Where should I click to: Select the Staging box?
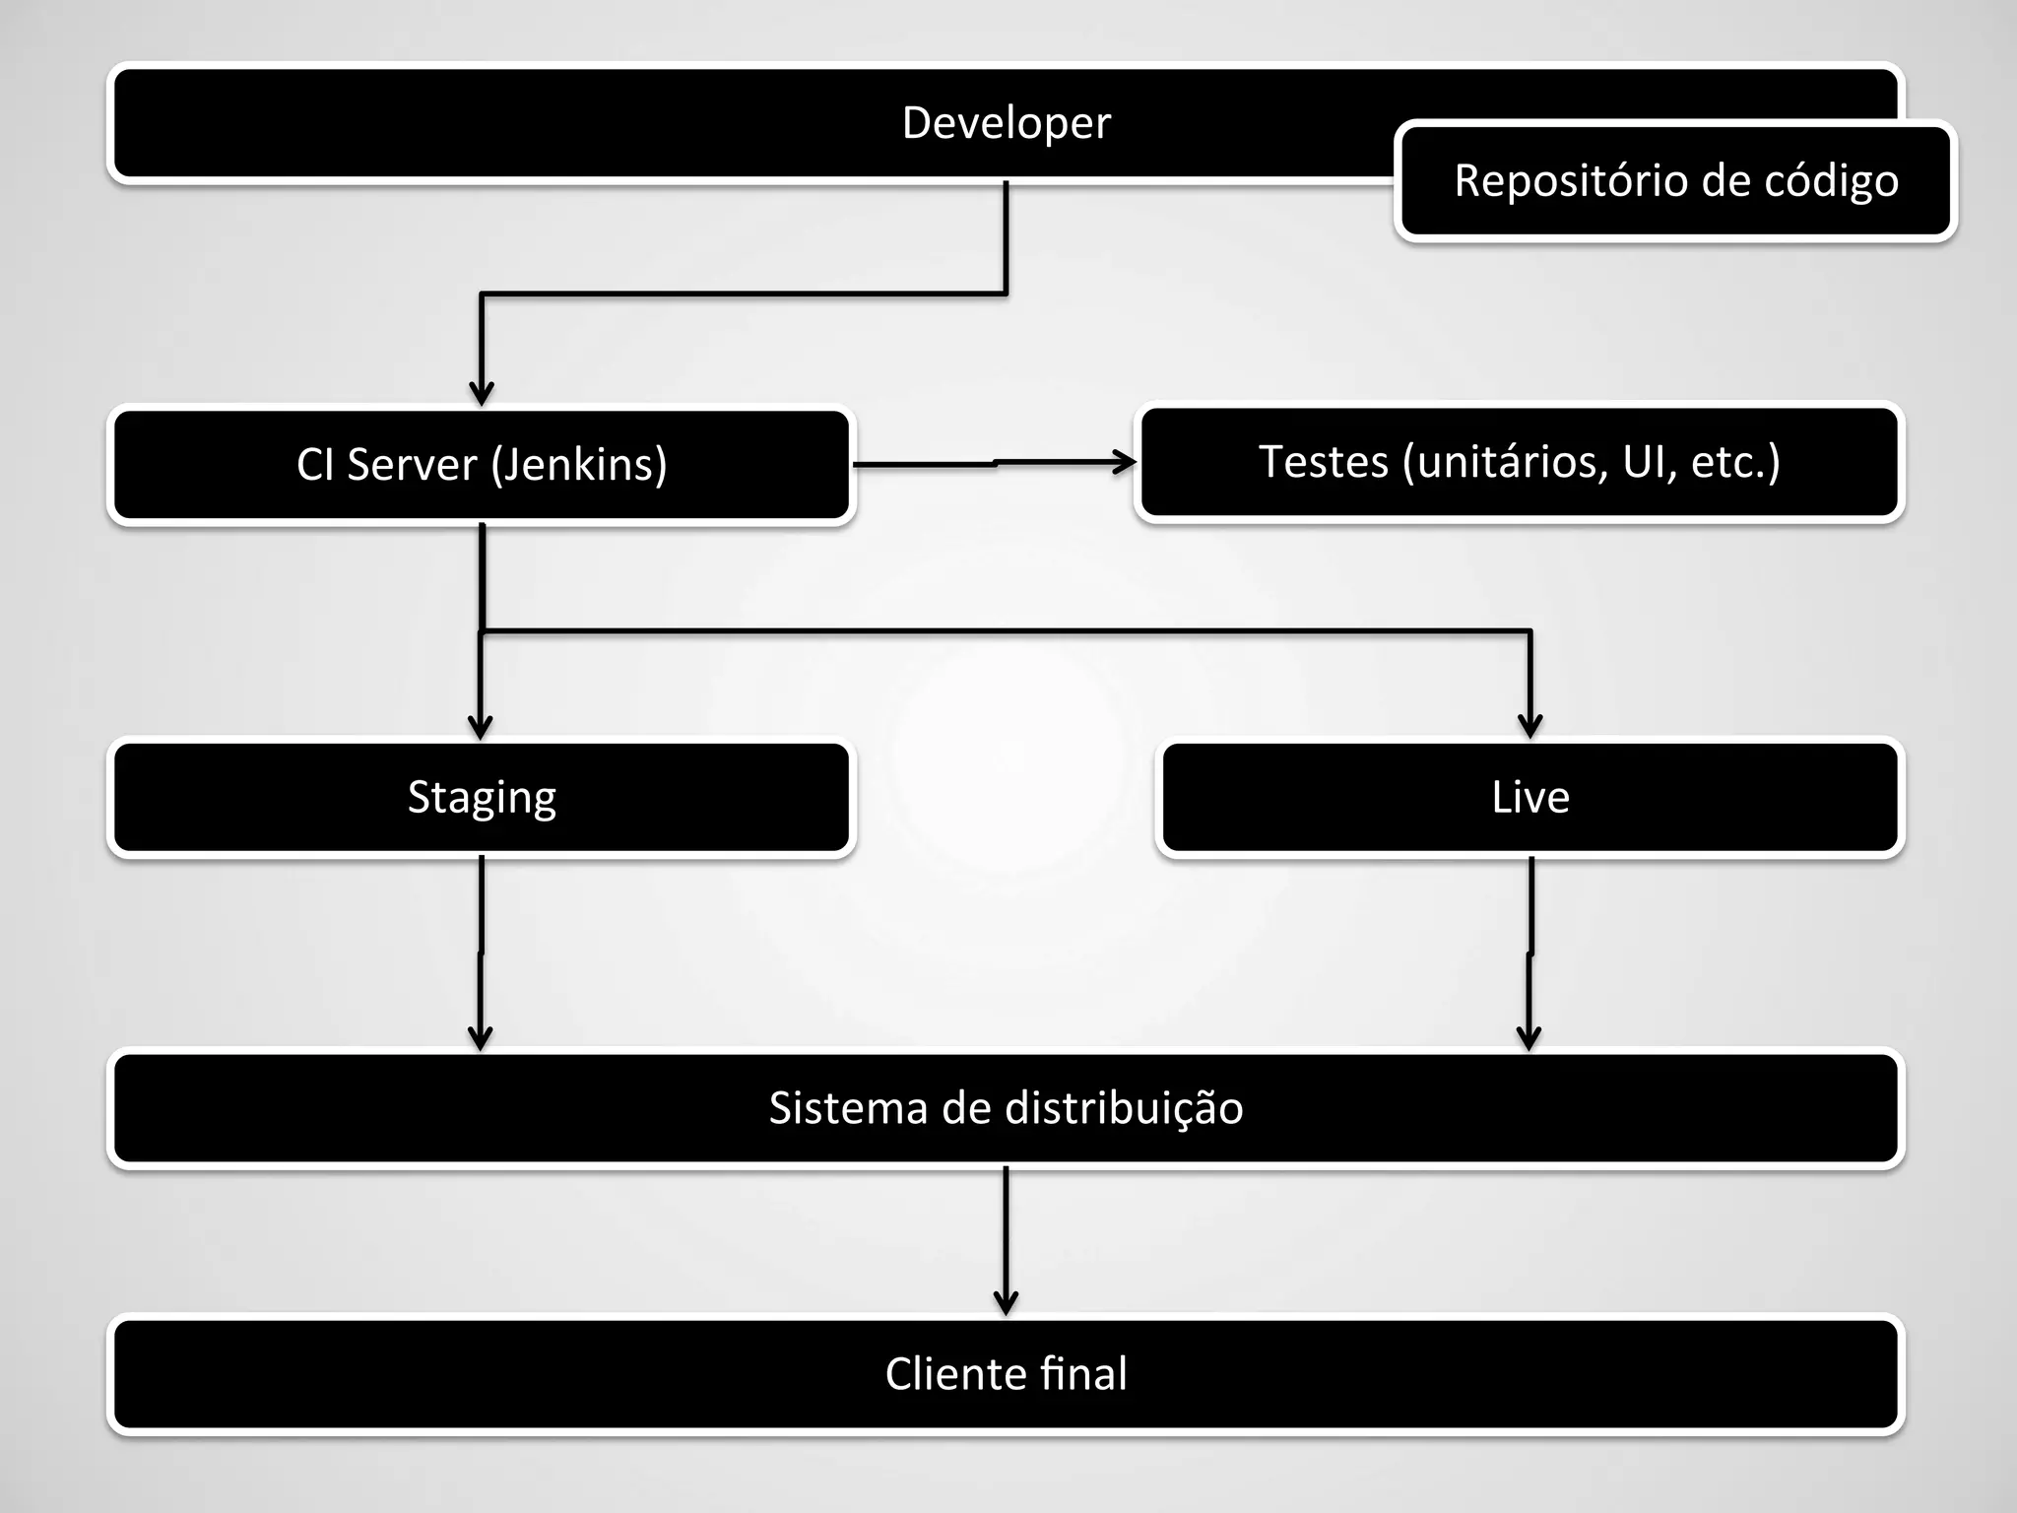(481, 797)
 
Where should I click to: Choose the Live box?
(1529, 797)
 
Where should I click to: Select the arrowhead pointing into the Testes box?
(1125, 461)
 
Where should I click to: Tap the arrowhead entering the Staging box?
(480, 728)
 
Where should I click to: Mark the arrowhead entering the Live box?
(1529, 727)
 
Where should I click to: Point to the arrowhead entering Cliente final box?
(1006, 1303)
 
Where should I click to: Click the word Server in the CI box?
(411, 465)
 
